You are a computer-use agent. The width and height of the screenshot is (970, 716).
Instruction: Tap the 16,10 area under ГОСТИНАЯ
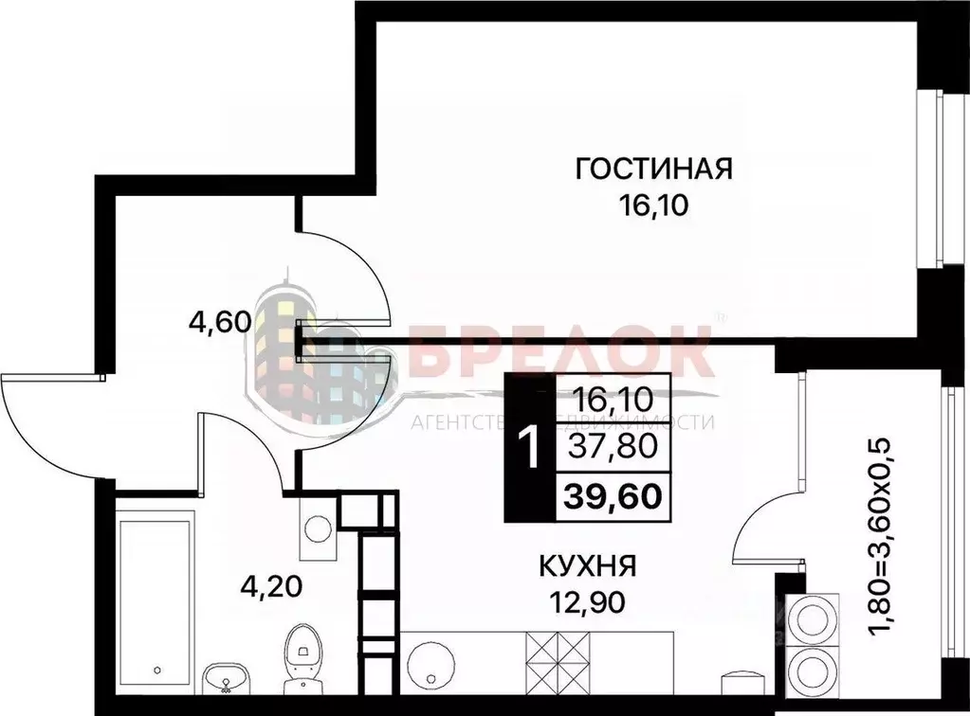pyautogui.click(x=654, y=206)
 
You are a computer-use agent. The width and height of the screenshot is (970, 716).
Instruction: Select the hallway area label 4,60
pyautogui.click(x=219, y=323)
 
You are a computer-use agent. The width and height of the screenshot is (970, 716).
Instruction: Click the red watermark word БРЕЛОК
pyautogui.click(x=559, y=353)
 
